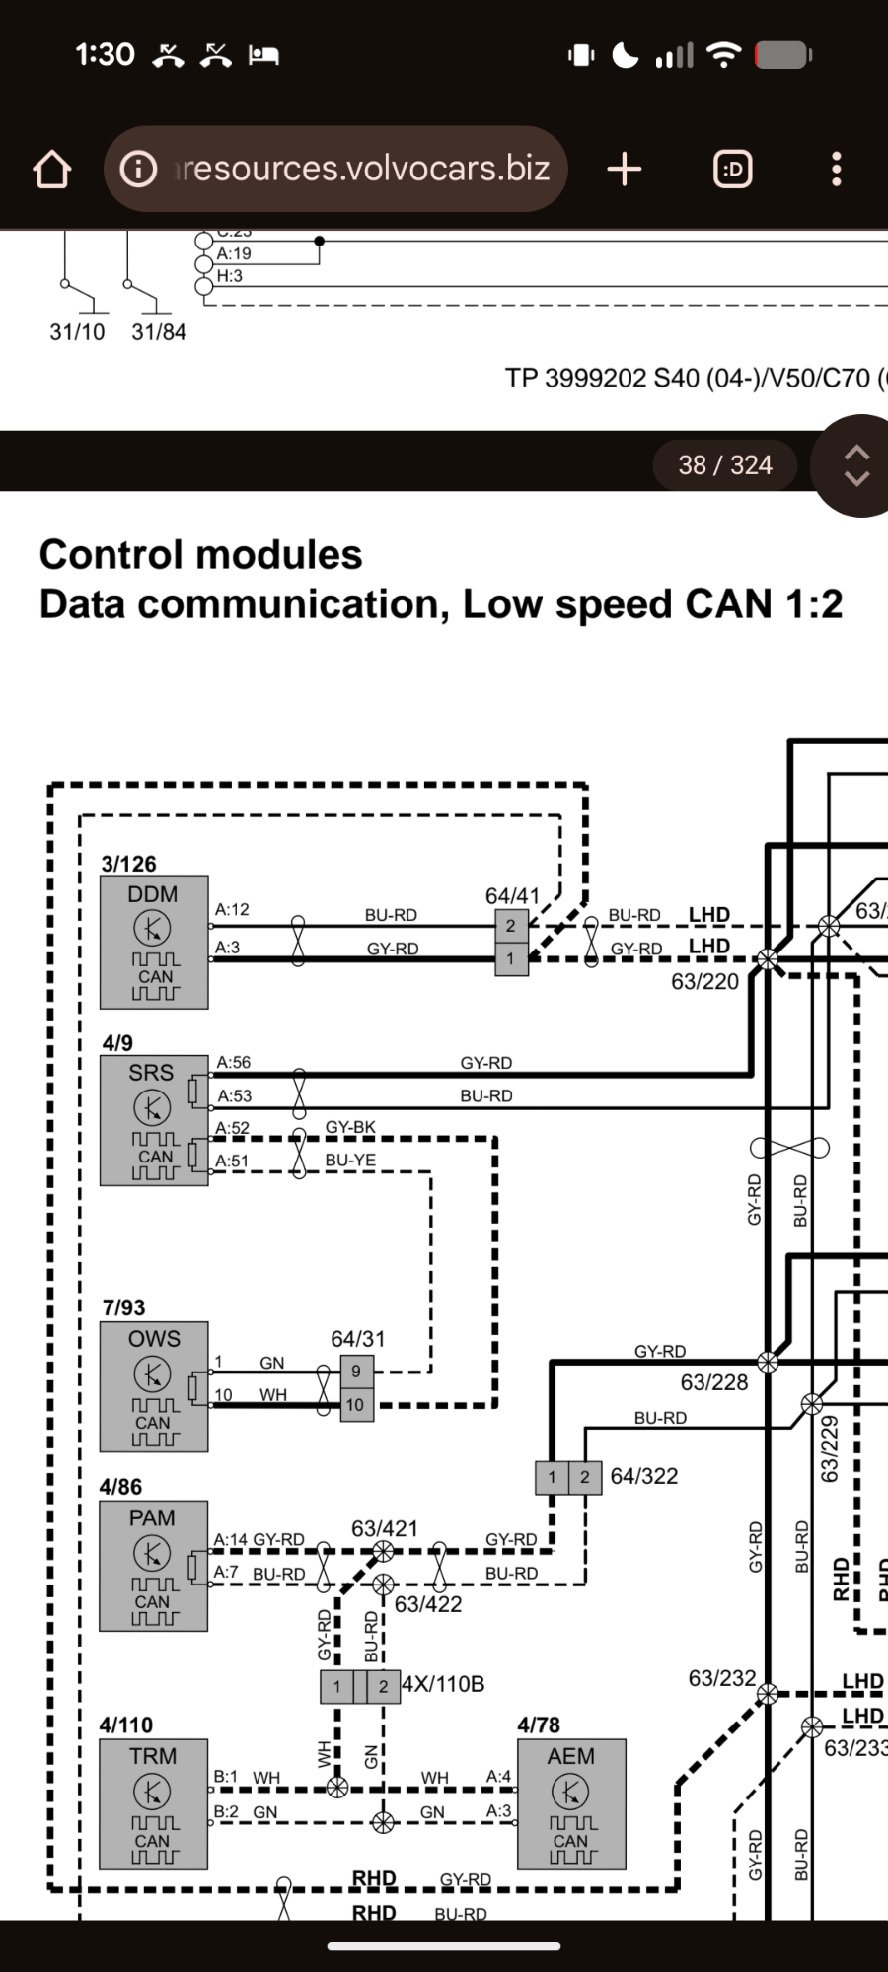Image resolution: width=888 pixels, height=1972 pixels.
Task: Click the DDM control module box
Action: (154, 942)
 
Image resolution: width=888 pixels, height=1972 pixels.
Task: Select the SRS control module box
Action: (154, 1120)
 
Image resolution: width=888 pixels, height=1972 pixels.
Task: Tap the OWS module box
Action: (154, 1386)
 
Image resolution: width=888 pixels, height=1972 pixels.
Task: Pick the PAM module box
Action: (154, 1566)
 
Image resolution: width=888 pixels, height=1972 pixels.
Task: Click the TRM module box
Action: (154, 1803)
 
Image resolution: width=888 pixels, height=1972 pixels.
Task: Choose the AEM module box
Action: (571, 1803)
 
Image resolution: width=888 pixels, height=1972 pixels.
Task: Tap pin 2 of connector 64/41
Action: (511, 926)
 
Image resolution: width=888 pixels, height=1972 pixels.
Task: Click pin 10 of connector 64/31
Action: (355, 1405)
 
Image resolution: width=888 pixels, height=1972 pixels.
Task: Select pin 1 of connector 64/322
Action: (552, 1477)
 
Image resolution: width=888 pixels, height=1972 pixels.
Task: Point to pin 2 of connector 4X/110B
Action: (383, 1686)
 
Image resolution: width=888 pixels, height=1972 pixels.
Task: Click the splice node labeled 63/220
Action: (767, 958)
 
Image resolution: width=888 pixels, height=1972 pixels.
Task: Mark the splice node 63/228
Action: (768, 1362)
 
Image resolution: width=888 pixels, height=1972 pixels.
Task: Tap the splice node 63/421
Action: (383, 1551)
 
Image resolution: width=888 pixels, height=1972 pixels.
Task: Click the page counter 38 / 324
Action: (725, 464)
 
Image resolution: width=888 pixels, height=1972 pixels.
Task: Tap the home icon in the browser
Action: (52, 170)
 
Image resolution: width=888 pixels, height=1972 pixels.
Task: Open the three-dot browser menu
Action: (837, 170)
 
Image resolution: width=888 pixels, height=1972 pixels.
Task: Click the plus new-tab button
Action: (625, 170)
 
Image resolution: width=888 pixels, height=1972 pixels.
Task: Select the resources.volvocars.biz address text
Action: (363, 169)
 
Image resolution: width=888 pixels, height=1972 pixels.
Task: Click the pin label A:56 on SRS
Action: (234, 1062)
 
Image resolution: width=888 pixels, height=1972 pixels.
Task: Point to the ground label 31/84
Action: (159, 332)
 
